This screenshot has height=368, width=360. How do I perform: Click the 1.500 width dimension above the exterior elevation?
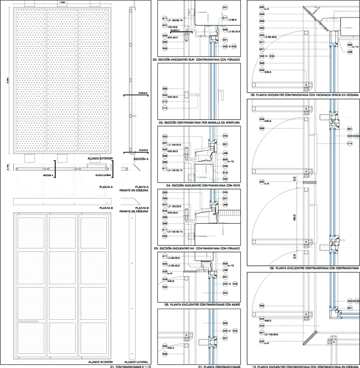(x=62, y=3)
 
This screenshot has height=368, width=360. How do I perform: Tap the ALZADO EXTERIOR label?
(x=100, y=158)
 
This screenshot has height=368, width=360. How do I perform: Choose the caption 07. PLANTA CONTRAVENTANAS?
(x=220, y=367)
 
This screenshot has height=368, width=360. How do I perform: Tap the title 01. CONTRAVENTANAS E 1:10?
(x=130, y=367)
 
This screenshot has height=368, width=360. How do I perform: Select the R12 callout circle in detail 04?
(x=226, y=172)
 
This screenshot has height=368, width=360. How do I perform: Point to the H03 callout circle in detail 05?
(x=164, y=236)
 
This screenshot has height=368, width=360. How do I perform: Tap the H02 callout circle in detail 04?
(x=226, y=166)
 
